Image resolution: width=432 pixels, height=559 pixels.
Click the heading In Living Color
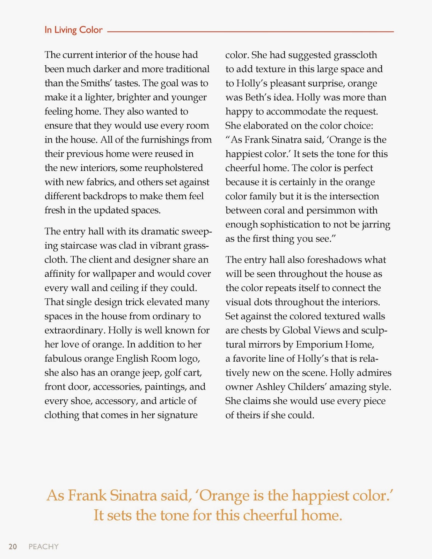coord(73,30)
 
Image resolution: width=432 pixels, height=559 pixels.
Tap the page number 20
coord(13,546)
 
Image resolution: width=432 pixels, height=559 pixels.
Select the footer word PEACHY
coord(44,546)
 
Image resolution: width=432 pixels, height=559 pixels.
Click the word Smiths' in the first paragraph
coord(94,83)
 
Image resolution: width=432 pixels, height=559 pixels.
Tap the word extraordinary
coord(74,330)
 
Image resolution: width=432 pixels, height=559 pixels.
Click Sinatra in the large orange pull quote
coord(133,495)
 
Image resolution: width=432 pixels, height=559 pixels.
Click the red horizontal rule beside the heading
coord(250,32)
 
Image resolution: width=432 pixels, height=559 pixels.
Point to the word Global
coord(296,330)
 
